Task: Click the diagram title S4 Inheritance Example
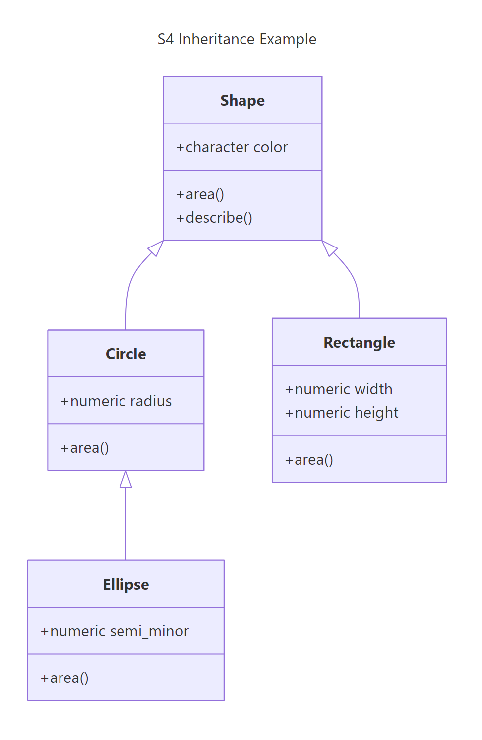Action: coord(237,39)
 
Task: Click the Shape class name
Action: coord(242,100)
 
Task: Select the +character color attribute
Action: coord(232,147)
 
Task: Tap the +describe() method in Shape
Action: coord(214,218)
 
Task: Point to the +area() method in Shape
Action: coord(200,194)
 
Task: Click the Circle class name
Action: coord(126,354)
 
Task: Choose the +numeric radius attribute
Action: coord(116,401)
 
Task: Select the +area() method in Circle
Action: coord(85,448)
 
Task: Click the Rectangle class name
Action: coord(359,342)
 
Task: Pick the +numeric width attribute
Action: coord(339,389)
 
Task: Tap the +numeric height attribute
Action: coord(342,413)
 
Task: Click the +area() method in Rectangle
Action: coord(309,460)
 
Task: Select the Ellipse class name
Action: coord(126,584)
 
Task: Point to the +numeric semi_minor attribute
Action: coord(115,631)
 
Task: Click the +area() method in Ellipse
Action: coord(64,678)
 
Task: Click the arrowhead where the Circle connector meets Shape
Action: coord(155,247)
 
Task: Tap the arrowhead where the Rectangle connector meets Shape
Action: coord(330,247)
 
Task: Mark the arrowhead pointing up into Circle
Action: coord(126,480)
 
